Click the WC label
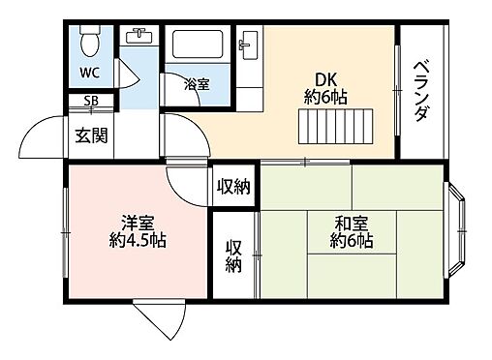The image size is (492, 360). pyautogui.click(x=89, y=73)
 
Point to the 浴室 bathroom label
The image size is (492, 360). pyautogui.click(x=198, y=84)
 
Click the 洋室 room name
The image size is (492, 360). pyautogui.click(x=138, y=222)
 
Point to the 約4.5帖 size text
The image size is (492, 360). pyautogui.click(x=138, y=240)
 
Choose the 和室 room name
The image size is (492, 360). pyautogui.click(x=351, y=220)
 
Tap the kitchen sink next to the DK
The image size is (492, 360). pyautogui.click(x=249, y=45)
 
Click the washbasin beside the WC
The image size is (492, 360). pyautogui.click(x=140, y=38)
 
